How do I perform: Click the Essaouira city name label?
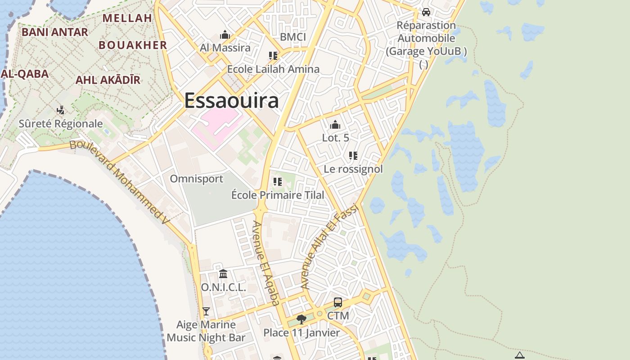coord(231,100)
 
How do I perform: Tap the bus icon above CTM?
coord(338,302)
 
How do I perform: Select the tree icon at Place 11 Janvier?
coord(301,319)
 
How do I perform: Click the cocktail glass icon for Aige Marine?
coord(206,311)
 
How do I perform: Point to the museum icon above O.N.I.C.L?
coord(223,274)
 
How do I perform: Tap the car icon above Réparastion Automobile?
coord(426,12)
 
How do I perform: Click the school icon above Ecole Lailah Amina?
coord(273,56)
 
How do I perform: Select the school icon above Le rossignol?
coord(353,156)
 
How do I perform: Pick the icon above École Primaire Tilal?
coord(278,182)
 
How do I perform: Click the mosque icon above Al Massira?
coord(225,35)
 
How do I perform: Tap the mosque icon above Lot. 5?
coord(335,125)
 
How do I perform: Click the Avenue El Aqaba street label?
coord(266,263)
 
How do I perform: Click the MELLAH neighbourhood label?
coord(127,18)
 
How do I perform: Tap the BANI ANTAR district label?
coord(55,32)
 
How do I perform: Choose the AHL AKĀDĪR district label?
coord(108,80)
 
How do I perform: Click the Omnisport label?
coord(196,179)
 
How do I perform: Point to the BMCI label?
coord(293,37)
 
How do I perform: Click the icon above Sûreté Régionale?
coord(60,110)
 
